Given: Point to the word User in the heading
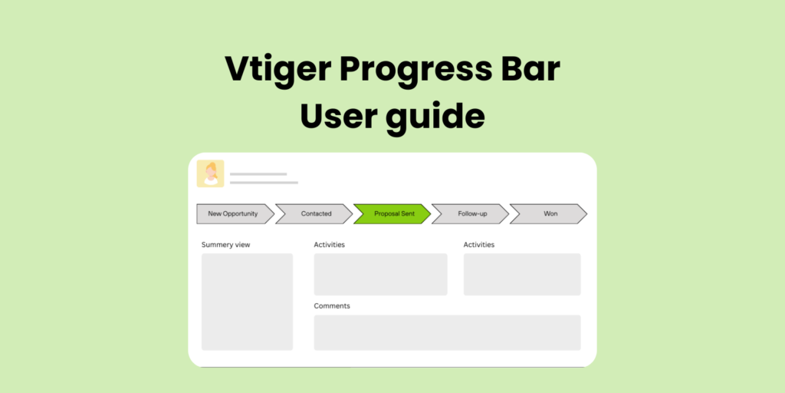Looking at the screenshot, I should point(341,116).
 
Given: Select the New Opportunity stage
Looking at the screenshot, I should point(232,213).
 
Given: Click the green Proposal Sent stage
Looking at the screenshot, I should point(393,213).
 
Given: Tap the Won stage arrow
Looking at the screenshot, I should point(550,213).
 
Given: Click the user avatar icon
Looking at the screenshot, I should point(210,173).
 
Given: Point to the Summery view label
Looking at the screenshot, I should point(226,245).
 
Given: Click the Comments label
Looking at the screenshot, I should point(332,305).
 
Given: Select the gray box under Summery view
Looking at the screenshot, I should point(247,302).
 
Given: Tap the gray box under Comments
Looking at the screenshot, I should point(447,332).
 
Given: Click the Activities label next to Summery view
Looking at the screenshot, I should point(330,245).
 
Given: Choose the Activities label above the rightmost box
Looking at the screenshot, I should point(479,245).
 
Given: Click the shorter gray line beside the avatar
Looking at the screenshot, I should point(258,174).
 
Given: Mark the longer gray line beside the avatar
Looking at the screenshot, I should point(264,183).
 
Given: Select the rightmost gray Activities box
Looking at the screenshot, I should point(522,274).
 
